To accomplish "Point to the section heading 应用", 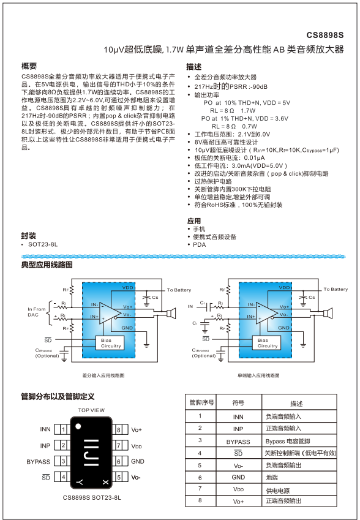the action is pos(193,220).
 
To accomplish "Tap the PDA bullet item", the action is pos(200,244).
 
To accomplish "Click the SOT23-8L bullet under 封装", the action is pos(43,244).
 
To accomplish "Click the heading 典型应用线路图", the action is pos(47,265).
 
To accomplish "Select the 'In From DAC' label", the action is pos(37,312).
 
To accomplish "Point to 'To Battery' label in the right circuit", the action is pos(336,289).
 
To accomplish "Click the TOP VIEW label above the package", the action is pos(91,410).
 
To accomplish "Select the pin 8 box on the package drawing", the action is pos(119,429).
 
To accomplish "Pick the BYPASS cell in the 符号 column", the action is pos(238,441).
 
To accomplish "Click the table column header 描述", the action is pos(296,404).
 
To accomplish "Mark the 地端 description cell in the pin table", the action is pos(273,477).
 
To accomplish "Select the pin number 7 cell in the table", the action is pos(200,489).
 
